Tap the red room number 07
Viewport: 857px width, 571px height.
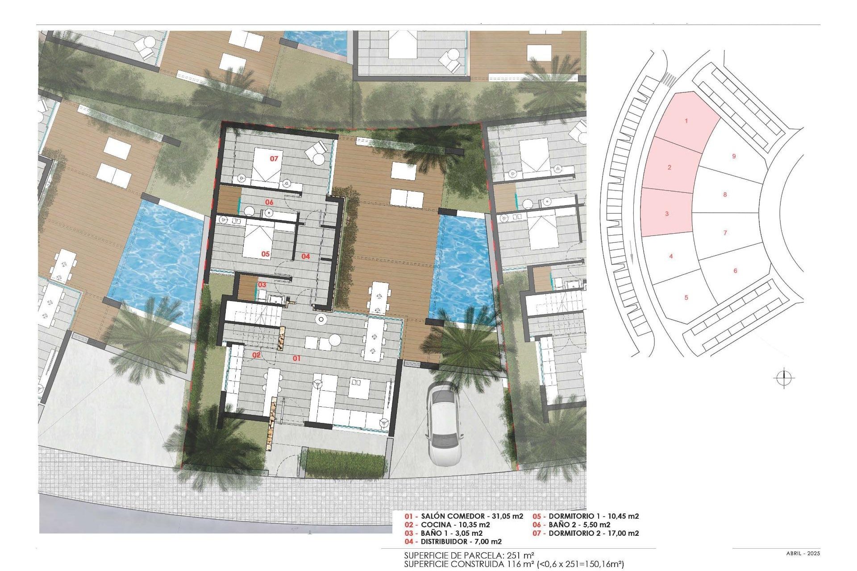click(x=274, y=158)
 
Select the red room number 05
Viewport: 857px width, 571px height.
click(x=266, y=254)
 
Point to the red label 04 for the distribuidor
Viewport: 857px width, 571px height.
click(x=305, y=256)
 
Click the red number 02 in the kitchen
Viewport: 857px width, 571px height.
click(x=256, y=355)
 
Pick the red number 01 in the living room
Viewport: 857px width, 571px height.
click(x=296, y=358)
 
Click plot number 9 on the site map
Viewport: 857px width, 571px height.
click(x=734, y=156)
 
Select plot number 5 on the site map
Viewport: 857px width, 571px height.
click(x=686, y=298)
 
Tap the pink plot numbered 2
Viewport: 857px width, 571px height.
click(x=669, y=167)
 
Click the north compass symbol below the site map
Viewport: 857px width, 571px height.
click(x=784, y=379)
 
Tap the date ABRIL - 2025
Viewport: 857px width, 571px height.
click(x=803, y=554)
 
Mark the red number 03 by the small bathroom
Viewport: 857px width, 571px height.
click(x=262, y=285)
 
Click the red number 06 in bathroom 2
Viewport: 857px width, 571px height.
click(x=269, y=202)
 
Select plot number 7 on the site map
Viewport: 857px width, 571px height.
click(x=725, y=232)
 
